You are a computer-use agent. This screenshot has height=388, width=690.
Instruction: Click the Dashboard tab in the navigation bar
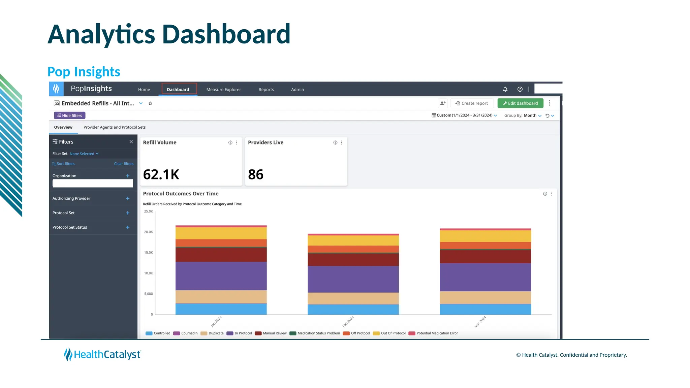coord(178,90)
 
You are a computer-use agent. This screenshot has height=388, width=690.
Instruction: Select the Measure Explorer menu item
coord(223,90)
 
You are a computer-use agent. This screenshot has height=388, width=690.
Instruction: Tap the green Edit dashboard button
coord(520,103)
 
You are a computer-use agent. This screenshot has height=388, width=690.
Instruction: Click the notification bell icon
coord(505,89)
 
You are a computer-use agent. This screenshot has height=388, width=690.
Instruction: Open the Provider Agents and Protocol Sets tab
coord(115,127)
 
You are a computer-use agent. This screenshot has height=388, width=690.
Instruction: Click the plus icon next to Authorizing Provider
coord(128,199)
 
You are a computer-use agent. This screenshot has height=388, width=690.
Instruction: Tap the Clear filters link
coord(124,164)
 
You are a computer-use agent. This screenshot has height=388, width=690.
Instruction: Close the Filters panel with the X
coord(131,142)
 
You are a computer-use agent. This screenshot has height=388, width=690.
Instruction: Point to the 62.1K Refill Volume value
coord(161,174)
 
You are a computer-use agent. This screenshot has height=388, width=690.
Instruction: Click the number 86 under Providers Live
coord(256,174)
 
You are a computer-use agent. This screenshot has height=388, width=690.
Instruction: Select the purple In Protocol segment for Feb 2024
coord(353,279)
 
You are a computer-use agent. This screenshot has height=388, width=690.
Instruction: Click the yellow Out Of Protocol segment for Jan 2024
coord(221,233)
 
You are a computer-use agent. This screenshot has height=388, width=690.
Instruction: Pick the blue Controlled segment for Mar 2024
coord(485,309)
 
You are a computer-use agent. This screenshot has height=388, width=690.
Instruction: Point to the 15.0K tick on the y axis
coord(149,253)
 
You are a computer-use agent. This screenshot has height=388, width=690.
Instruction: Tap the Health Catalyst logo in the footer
coord(102,355)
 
